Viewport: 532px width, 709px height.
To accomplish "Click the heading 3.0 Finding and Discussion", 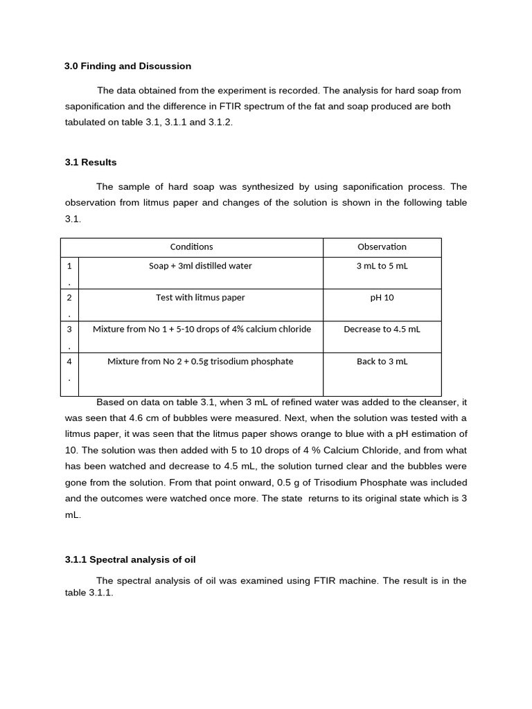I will tap(127, 66).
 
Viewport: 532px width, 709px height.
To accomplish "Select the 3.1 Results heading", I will tap(91, 163).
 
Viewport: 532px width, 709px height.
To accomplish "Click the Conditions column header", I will tap(191, 247).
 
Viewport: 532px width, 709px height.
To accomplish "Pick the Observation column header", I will tap(382, 247).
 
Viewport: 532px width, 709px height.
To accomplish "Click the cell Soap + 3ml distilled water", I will tap(200, 266).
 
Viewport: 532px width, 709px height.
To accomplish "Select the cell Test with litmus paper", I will tap(200, 298).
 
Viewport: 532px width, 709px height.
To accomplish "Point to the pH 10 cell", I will tap(382, 298).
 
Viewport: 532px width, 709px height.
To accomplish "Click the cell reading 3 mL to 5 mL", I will tap(382, 266).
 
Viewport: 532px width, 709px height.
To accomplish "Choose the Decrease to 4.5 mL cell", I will tap(382, 330).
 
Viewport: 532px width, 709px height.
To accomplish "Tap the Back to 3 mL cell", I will tap(382, 361).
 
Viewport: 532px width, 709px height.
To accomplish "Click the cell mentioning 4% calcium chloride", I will tap(202, 330).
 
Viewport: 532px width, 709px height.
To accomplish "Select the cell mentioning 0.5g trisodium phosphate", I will tap(200, 361).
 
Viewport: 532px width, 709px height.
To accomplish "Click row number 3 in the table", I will tap(69, 330).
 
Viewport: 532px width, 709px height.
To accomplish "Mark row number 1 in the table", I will tap(69, 266).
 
